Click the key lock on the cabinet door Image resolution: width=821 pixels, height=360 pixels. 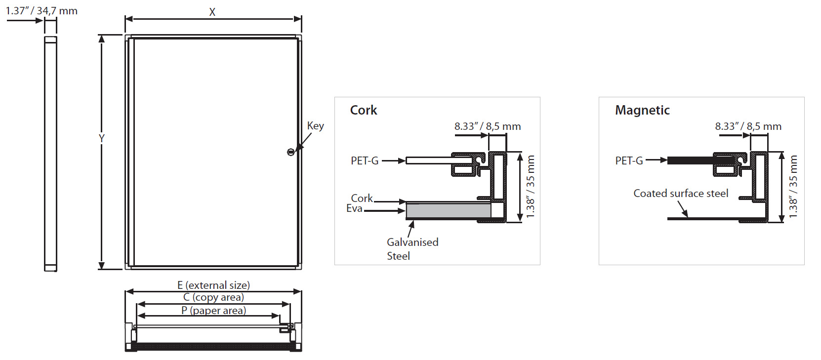pos(290,152)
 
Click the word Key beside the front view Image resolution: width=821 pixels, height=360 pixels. pos(316,126)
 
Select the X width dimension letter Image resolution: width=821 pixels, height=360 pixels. pos(212,12)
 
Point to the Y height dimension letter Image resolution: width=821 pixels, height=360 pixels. pos(102,138)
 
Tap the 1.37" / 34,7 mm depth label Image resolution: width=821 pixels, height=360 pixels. pos(41,11)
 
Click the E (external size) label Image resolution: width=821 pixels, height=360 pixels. pos(214,285)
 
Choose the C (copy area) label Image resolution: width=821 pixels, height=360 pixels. pos(214,297)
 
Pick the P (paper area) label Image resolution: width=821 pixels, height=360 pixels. pos(214,311)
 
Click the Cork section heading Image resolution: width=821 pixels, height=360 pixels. pos(364,110)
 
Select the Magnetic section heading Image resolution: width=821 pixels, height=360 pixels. pos(643,110)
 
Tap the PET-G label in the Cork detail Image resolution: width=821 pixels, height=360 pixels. pos(365,161)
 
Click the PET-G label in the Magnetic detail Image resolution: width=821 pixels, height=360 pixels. pos(629,161)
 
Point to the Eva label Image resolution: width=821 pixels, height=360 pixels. pos(354,208)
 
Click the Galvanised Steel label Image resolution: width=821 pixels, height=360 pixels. pos(412,249)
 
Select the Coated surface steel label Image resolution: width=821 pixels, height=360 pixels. pos(681,194)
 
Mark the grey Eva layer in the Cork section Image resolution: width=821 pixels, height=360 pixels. pos(449,210)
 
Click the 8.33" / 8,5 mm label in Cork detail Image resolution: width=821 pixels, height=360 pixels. pos(488,126)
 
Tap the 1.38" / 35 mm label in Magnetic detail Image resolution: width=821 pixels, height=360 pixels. pos(793,187)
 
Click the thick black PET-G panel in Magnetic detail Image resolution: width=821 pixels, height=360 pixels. pos(701,160)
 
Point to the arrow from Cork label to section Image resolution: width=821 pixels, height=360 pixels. pos(390,201)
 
